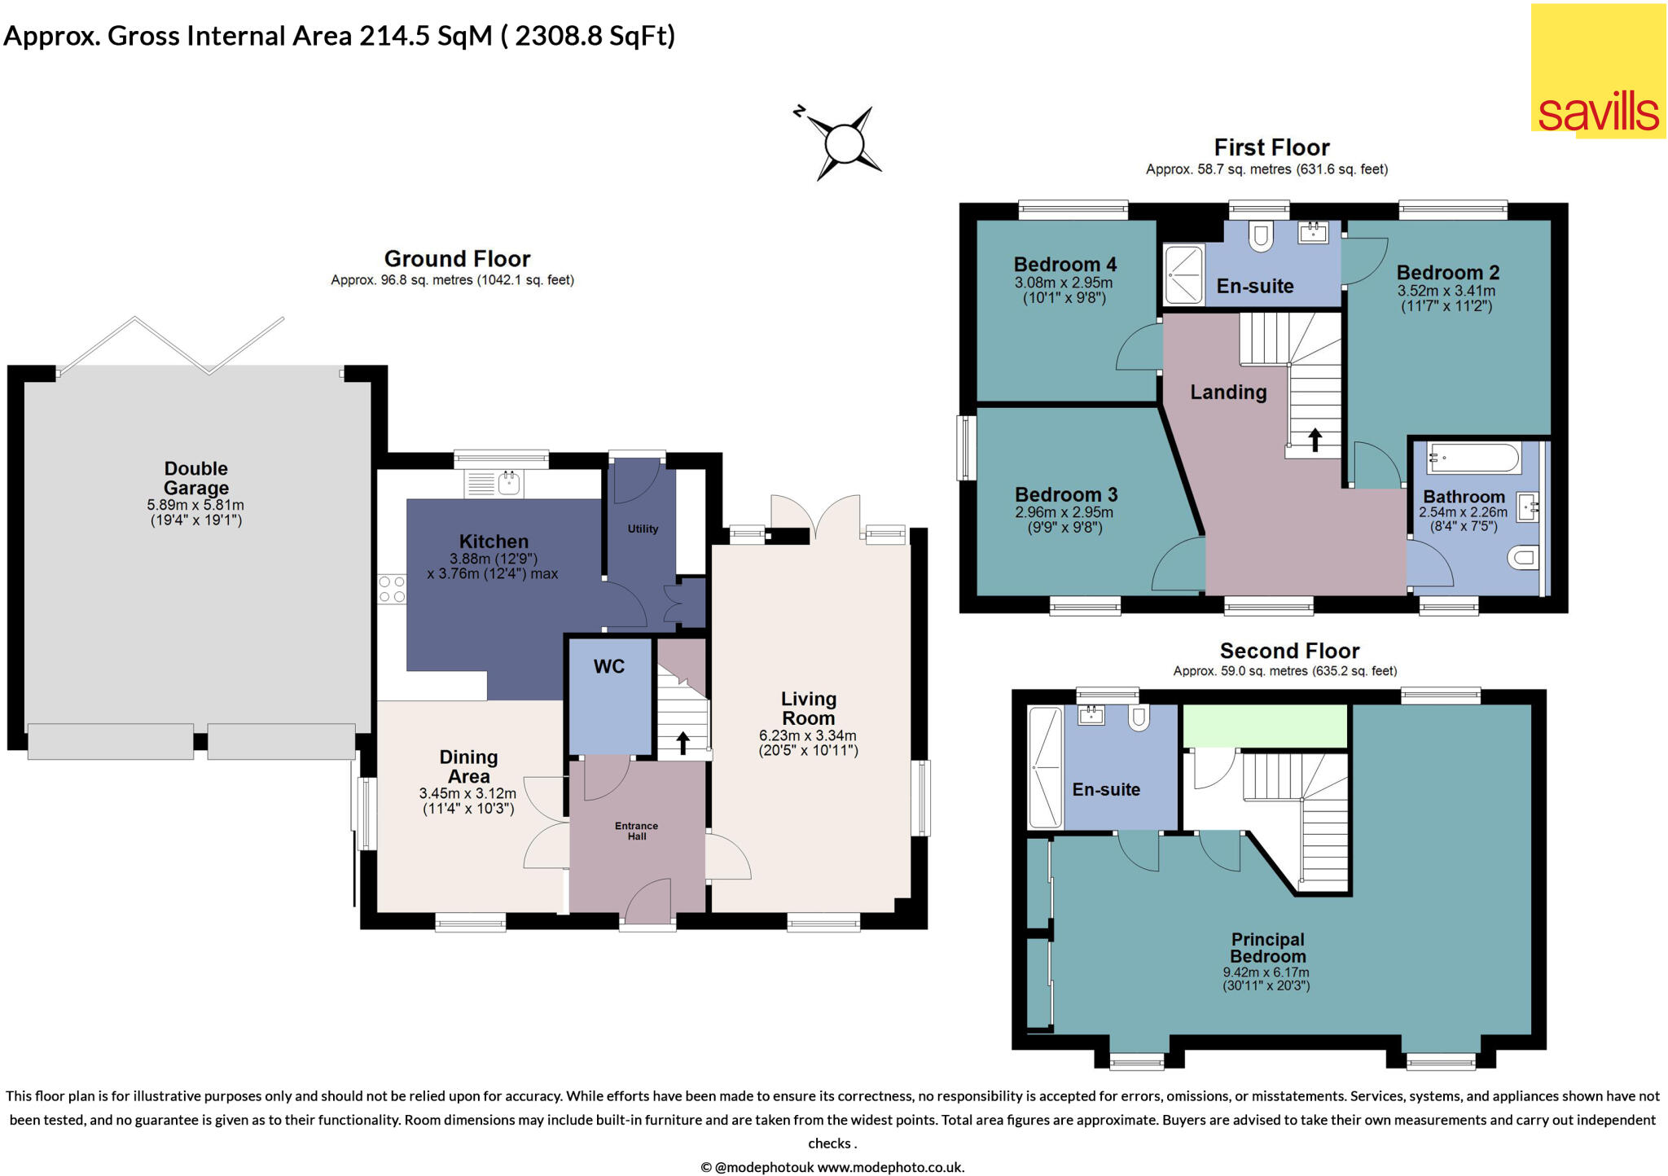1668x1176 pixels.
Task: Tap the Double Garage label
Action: (195, 478)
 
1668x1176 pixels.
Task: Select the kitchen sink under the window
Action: (494, 484)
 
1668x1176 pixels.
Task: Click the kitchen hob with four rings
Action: (392, 589)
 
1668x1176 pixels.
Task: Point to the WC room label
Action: (608, 666)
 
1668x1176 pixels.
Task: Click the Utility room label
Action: (643, 529)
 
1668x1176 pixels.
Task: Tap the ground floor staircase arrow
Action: (683, 742)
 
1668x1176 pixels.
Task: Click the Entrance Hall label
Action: (636, 831)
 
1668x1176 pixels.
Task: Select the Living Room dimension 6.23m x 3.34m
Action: (807, 735)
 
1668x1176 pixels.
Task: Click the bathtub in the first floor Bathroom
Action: (1473, 459)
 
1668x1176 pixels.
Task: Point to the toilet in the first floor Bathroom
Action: (1521, 558)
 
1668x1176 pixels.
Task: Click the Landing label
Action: (1228, 392)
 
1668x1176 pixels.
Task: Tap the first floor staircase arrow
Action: (1315, 440)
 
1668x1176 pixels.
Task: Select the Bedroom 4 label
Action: (1064, 264)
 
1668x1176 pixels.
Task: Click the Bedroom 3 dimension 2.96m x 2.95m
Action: (1064, 512)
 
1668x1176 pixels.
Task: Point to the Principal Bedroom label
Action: (1267, 948)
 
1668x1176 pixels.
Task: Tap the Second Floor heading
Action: (1289, 651)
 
